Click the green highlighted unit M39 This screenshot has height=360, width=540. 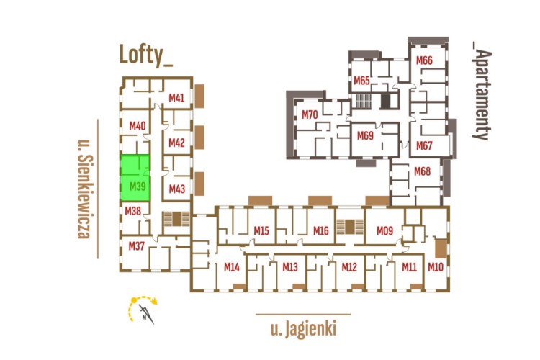(x=135, y=179)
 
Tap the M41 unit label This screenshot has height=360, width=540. (x=177, y=98)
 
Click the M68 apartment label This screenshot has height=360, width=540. (x=422, y=171)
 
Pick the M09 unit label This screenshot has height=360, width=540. (x=384, y=231)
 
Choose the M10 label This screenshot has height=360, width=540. (x=435, y=267)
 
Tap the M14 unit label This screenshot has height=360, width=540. (x=231, y=267)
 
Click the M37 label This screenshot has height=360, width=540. (x=137, y=246)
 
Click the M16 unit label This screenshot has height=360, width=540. (x=321, y=231)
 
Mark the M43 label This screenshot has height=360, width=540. (x=177, y=189)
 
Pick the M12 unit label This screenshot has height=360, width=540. (x=349, y=267)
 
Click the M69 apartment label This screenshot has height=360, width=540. (x=365, y=135)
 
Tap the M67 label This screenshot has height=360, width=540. (x=424, y=145)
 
